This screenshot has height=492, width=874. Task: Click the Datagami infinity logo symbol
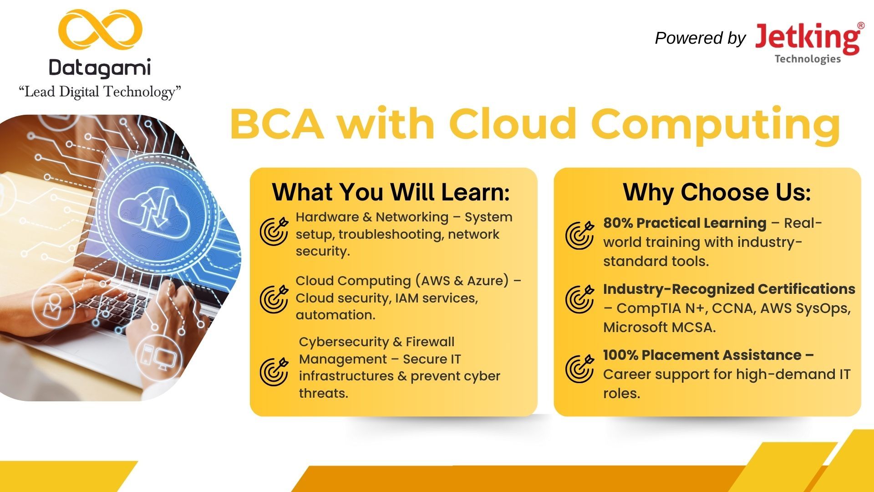click(100, 30)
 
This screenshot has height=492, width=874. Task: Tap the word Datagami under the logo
click(100, 68)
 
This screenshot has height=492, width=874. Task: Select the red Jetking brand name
click(807, 39)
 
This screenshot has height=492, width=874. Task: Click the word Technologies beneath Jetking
click(808, 59)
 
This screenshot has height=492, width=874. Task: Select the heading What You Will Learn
click(391, 192)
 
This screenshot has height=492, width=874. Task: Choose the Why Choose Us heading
click(717, 192)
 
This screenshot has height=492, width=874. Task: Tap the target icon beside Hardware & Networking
click(274, 231)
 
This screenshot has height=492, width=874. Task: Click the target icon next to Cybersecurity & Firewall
click(274, 371)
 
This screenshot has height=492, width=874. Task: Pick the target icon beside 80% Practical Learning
click(579, 235)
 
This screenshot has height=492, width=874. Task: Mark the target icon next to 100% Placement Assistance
click(579, 369)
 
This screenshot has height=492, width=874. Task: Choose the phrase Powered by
click(700, 38)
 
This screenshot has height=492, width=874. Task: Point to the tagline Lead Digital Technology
click(100, 92)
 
